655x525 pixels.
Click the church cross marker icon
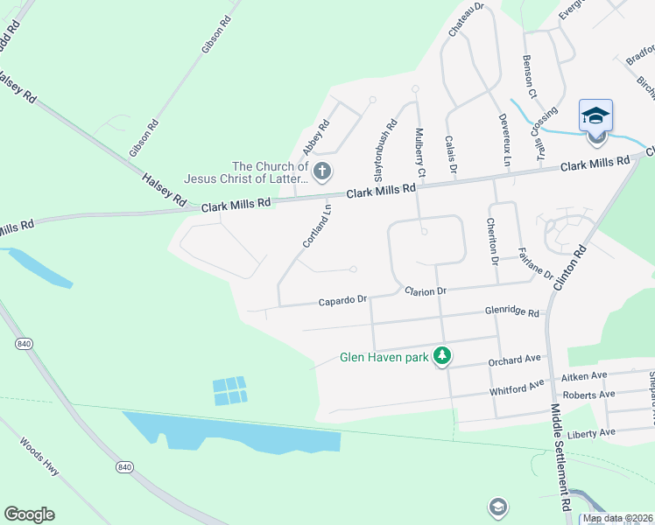[322, 171]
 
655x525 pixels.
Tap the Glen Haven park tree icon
[443, 356]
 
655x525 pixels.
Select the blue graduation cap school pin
[595, 115]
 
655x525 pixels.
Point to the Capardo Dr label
[342, 300]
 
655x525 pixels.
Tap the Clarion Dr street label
[425, 290]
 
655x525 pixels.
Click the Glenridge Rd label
[513, 311]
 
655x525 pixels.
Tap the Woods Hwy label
[39, 455]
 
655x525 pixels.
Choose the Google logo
[29, 514]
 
